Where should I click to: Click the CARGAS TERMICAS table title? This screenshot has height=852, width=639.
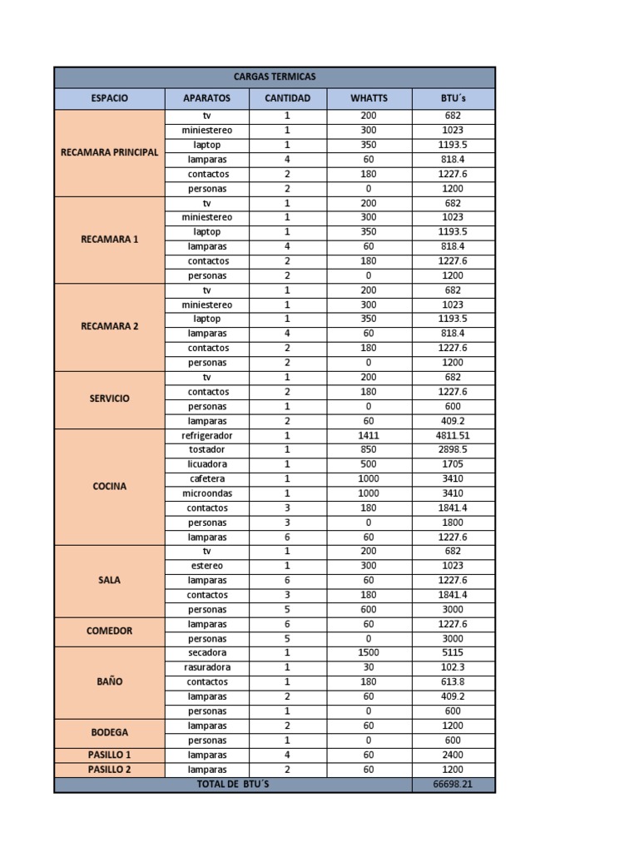(275, 77)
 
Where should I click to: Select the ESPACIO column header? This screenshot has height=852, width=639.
(109, 99)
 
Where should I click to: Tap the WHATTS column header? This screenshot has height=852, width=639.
(369, 99)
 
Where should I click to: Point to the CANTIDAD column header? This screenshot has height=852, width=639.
(287, 99)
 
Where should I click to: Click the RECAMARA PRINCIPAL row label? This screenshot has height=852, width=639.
(109, 152)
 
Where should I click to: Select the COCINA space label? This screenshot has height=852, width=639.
(109, 486)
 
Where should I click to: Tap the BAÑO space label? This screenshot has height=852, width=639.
(109, 681)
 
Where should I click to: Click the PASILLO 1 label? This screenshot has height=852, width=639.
(109, 755)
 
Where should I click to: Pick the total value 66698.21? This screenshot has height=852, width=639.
(453, 785)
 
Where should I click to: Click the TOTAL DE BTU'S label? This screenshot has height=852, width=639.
(233, 785)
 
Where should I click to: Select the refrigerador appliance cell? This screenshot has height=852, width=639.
(207, 435)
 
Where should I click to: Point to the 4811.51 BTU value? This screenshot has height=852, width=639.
(453, 435)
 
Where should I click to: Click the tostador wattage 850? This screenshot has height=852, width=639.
(369, 449)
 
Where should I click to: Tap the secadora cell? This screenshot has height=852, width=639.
(207, 652)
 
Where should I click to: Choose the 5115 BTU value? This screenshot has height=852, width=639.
(453, 652)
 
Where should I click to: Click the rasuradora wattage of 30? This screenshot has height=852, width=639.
(369, 667)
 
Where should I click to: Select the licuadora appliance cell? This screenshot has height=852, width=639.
(207, 464)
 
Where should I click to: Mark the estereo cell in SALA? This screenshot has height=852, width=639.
(207, 566)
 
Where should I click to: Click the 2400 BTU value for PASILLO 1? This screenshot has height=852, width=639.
(453, 755)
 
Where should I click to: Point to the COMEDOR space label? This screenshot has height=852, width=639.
(109, 631)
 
